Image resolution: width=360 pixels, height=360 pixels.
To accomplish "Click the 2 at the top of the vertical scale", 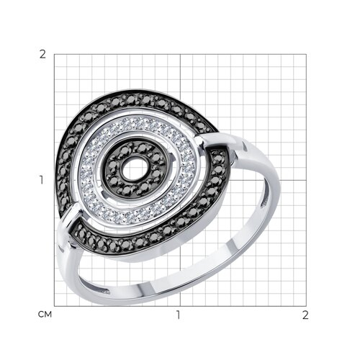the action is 42,55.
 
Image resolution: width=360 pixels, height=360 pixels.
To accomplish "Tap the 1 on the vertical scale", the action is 42,180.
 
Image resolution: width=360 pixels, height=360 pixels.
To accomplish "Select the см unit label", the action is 45,315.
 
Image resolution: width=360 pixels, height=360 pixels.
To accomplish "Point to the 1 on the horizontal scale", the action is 178,315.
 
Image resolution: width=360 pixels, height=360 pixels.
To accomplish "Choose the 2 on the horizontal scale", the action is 305,315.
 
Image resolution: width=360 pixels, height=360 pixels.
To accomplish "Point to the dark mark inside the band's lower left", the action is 105,291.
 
